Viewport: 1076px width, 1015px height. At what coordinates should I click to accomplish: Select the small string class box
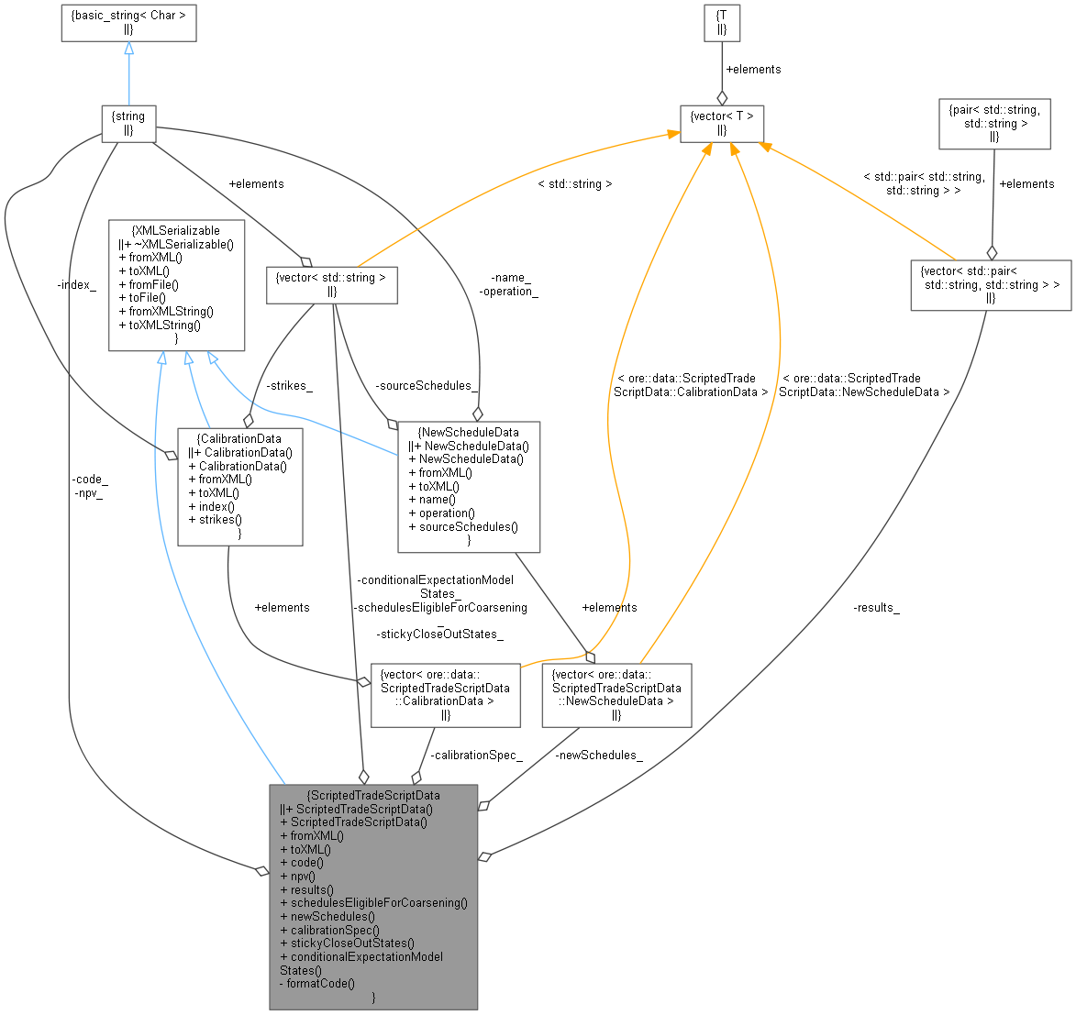[128, 124]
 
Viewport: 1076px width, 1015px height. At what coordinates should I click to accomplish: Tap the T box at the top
[722, 22]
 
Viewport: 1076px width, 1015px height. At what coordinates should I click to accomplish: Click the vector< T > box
[722, 124]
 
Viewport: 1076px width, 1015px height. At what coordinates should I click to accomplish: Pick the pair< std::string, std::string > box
[994, 124]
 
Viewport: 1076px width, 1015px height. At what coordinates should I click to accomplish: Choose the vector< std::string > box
[331, 284]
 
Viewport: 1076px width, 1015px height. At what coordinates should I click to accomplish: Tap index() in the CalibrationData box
[211, 505]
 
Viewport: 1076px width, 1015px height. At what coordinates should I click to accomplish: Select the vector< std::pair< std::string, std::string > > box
[990, 284]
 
